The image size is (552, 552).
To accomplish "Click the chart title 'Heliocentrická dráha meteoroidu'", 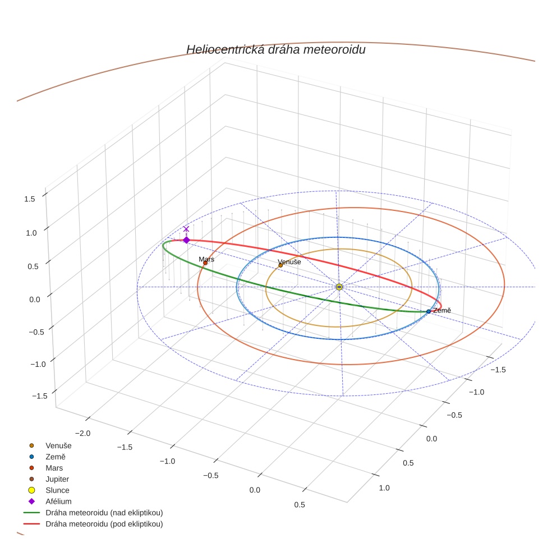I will click(x=275, y=49).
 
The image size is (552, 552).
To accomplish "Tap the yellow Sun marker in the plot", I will click(x=339, y=287).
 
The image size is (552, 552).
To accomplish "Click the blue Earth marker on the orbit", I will click(x=429, y=311).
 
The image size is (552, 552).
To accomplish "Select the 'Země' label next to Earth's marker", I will click(x=441, y=310).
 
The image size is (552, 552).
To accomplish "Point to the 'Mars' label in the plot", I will click(x=206, y=259).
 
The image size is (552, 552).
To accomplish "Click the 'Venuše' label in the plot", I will click(x=289, y=262).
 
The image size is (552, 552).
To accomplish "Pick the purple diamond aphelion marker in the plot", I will click(x=186, y=240).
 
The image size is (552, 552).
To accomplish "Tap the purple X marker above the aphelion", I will click(x=186, y=229).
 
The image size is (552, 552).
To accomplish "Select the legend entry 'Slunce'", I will click(x=58, y=490).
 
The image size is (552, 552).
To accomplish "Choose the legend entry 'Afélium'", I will click(x=58, y=502).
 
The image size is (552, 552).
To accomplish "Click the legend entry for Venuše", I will click(x=58, y=445).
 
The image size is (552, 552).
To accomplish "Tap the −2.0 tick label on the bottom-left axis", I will click(x=82, y=433).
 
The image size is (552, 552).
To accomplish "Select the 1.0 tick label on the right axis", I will click(x=384, y=488).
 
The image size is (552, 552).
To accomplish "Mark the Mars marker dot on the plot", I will click(x=205, y=263).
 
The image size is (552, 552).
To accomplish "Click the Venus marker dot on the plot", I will click(x=280, y=265).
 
